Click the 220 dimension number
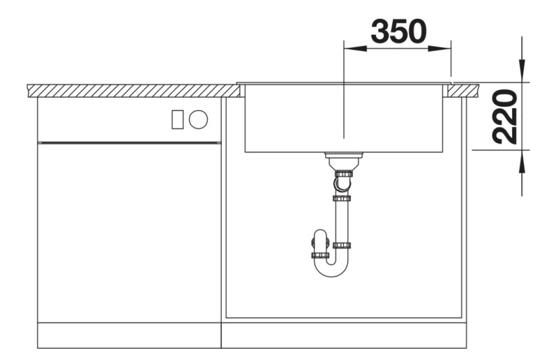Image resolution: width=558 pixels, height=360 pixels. point(505,116)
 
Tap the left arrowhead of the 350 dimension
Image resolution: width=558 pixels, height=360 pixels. point(352,49)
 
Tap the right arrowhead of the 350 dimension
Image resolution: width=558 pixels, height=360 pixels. point(444,49)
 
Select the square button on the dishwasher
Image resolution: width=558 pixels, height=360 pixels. point(178,119)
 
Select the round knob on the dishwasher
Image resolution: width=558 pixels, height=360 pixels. point(198,119)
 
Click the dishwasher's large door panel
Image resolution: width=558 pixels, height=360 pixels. point(129,230)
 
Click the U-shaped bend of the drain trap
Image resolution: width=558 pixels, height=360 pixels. point(332,269)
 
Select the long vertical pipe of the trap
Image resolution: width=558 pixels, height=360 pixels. point(342,220)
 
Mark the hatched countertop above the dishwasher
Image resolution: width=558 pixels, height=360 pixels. point(133,91)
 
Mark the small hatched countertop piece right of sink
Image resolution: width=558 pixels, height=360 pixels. point(465,91)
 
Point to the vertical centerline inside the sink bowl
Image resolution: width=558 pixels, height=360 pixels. point(344,112)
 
